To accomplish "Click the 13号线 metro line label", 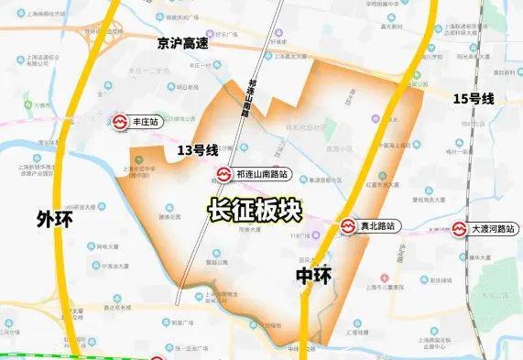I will [198, 150].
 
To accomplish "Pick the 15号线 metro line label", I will [474, 97].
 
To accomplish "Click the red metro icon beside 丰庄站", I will [122, 120].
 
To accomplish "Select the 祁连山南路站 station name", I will [261, 173].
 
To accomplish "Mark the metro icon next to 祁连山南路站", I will [223, 173].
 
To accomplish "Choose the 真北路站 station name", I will [378, 225].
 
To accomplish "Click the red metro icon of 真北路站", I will [349, 225].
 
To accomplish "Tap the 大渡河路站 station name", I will [493, 227].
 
